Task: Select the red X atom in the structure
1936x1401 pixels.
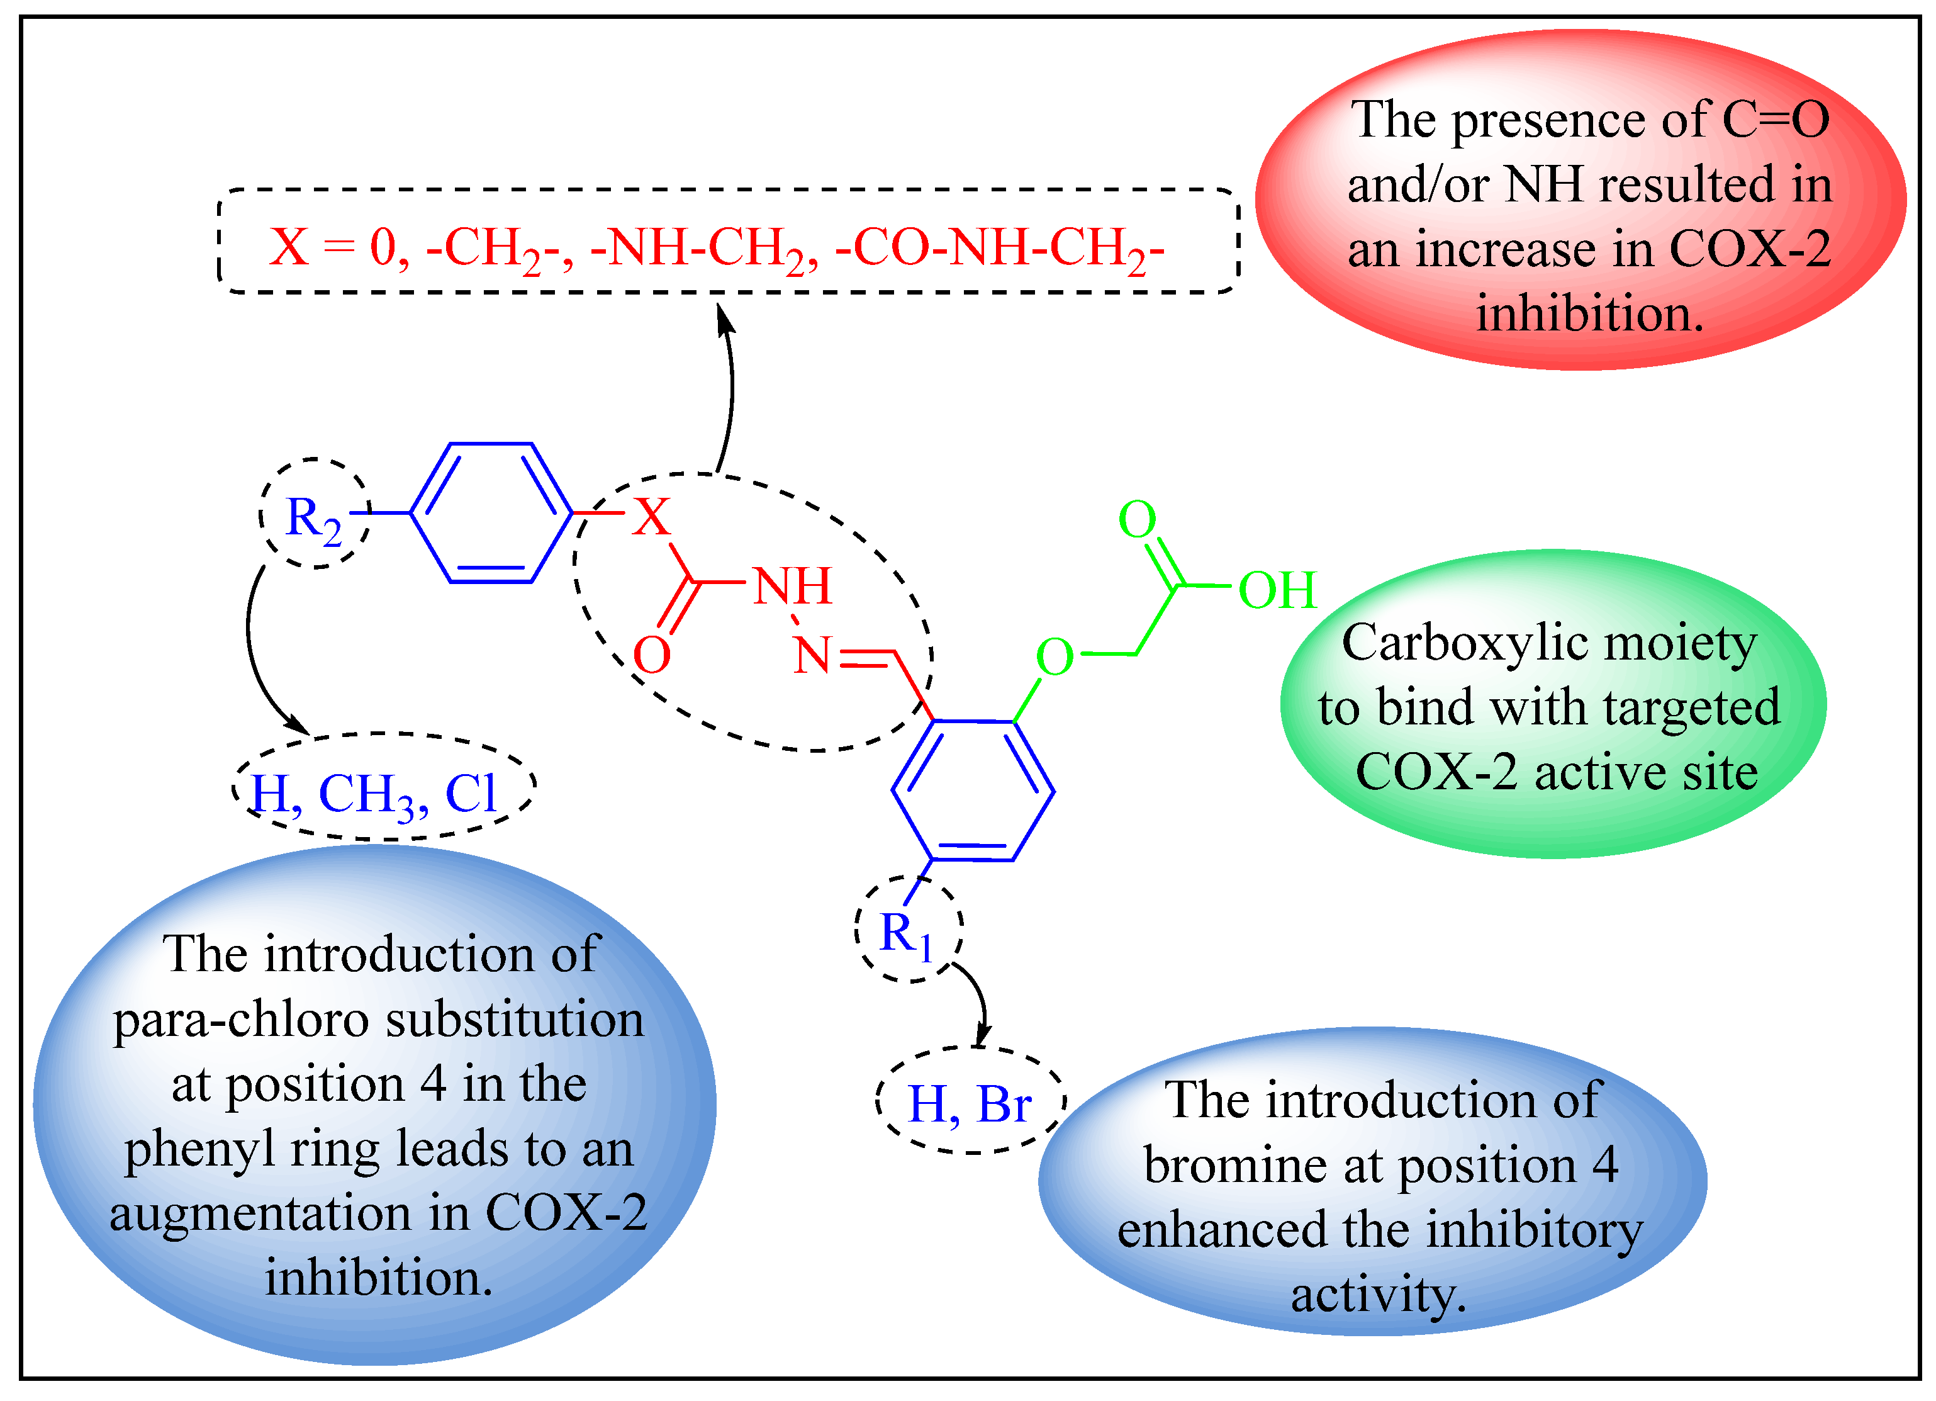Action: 651,517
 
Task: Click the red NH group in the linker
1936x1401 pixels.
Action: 792,587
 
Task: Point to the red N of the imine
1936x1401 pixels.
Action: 811,656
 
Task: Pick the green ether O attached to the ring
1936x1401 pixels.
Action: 1055,657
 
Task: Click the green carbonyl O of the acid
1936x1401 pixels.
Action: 1137,519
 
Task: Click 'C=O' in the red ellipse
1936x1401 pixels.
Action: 1776,120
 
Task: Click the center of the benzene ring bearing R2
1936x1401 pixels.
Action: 491,513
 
